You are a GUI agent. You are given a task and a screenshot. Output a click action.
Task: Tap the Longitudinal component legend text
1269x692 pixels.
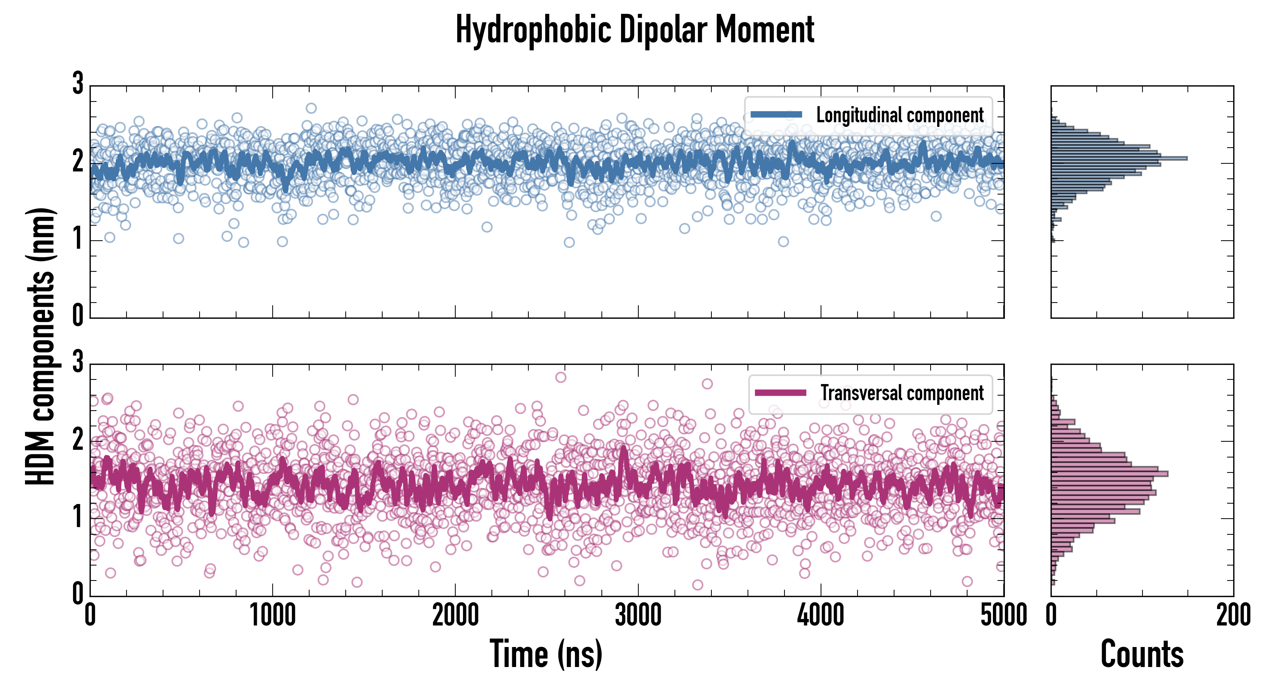tap(899, 115)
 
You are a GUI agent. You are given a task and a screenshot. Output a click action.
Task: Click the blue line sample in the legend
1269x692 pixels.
tap(776, 115)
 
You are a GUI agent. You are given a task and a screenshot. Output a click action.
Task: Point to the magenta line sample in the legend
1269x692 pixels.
tap(780, 393)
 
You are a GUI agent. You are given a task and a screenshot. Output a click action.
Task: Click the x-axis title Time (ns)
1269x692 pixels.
tap(546, 654)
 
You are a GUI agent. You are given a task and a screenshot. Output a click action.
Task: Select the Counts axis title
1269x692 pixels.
tap(1142, 654)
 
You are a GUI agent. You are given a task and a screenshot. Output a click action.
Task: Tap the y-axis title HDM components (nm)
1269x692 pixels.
tap(40, 346)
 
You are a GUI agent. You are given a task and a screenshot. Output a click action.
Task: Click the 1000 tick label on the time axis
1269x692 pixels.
tap(272, 615)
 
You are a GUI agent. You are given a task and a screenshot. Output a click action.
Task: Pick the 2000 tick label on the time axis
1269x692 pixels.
tap(455, 615)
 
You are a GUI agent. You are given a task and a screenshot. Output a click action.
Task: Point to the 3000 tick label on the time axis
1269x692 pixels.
tap(638, 615)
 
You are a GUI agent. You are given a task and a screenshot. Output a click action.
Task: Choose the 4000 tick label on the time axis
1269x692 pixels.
tap(821, 615)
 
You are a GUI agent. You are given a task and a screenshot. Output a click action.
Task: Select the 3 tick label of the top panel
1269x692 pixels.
tap(78, 84)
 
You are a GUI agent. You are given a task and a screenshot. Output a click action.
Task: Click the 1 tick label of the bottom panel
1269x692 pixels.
tap(78, 517)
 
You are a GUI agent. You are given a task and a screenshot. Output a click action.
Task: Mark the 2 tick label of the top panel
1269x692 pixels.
tap(78, 161)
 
